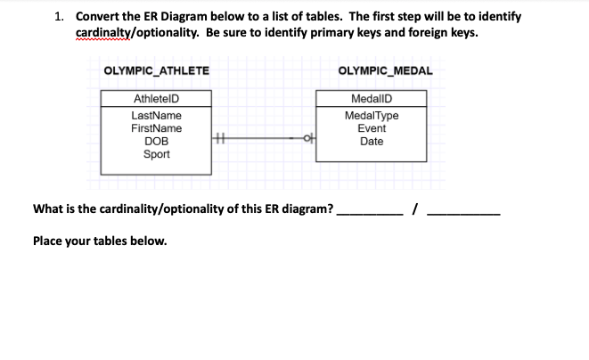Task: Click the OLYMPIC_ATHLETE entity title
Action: click(x=156, y=70)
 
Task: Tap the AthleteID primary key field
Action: click(x=156, y=99)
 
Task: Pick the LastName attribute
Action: click(x=156, y=116)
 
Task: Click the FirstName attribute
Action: click(x=156, y=128)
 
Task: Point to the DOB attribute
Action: click(x=156, y=141)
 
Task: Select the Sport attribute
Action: click(x=156, y=153)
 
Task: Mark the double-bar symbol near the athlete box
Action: click(x=219, y=138)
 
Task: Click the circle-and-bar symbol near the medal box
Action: click(x=308, y=138)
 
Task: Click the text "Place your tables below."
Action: click(x=99, y=240)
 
